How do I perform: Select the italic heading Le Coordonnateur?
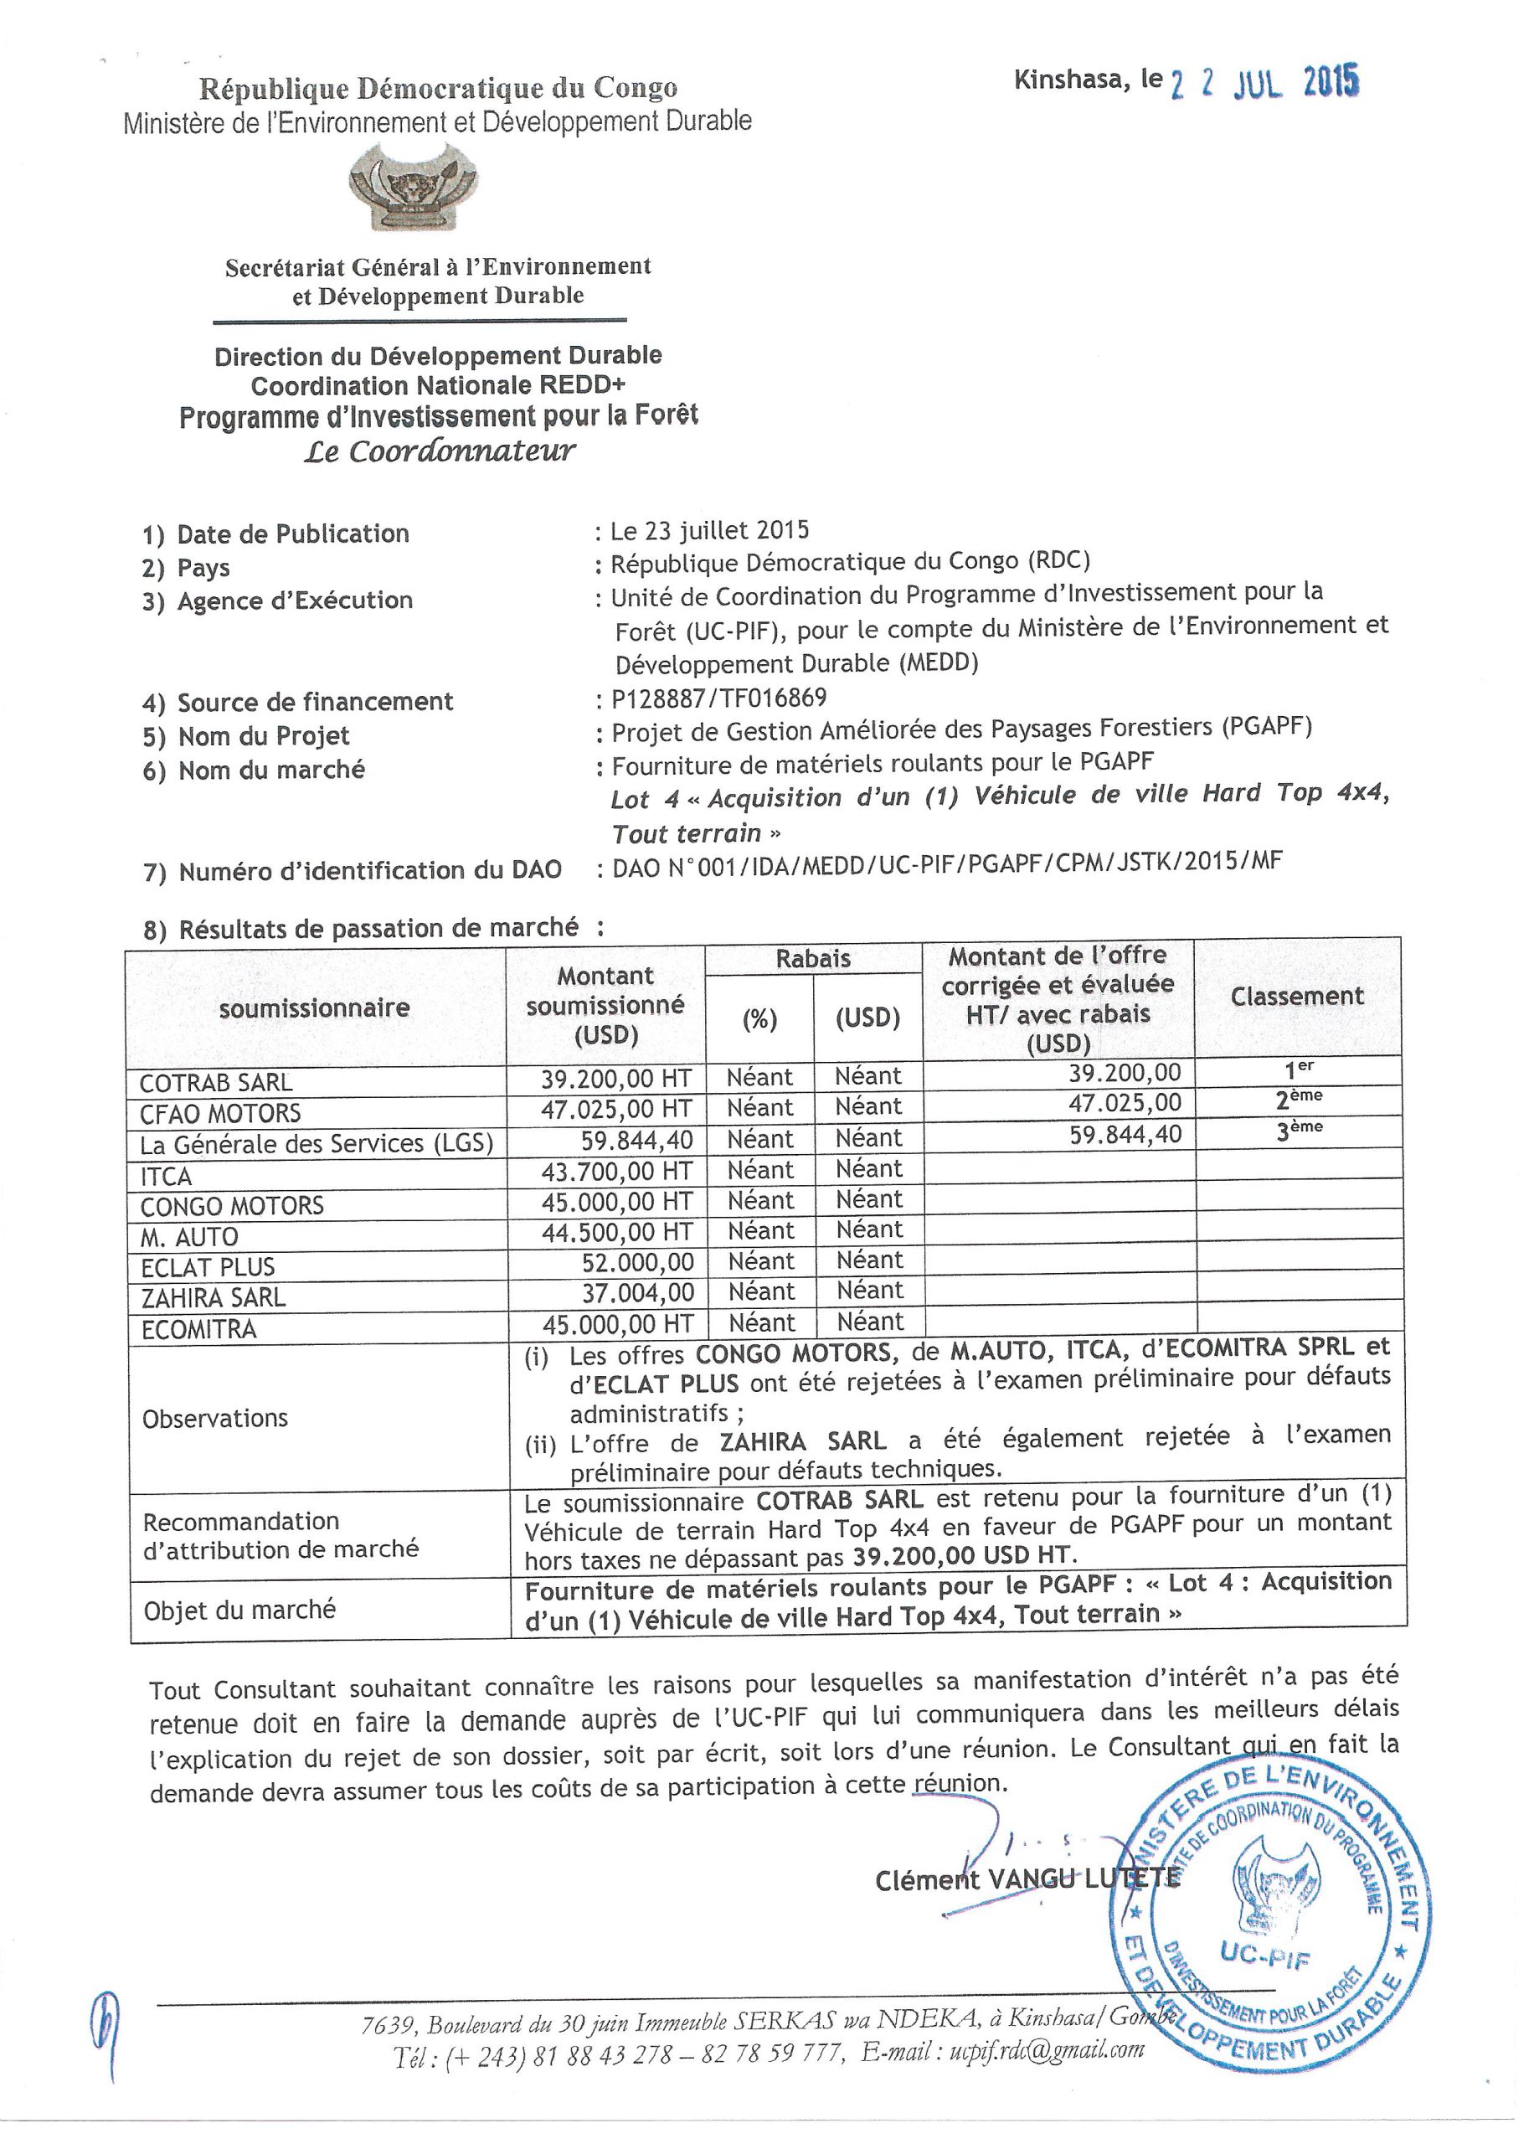pos(440,451)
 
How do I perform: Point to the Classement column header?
pos(1297,997)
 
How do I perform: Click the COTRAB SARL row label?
pos(216,1082)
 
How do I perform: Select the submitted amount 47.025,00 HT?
pos(616,1109)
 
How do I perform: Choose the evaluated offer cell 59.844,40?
pos(1125,1134)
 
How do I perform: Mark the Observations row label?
pos(214,1419)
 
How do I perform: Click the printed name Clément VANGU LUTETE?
pos(1027,1879)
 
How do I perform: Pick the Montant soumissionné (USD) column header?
pos(605,1006)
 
